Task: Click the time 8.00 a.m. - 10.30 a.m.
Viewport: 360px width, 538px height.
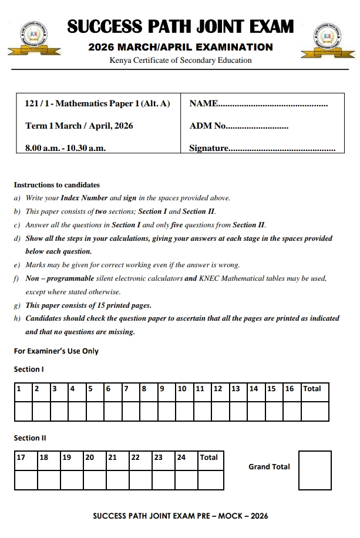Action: pyautogui.click(x=65, y=149)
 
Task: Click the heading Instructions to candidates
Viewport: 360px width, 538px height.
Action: pyautogui.click(x=56, y=185)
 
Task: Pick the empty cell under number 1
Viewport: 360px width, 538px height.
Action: pyautogui.click(x=23, y=411)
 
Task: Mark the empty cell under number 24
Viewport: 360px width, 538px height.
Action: pyautogui.click(x=187, y=480)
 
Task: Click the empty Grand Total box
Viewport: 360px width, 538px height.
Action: pyautogui.click(x=315, y=470)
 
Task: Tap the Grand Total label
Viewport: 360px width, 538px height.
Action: pyautogui.click(x=269, y=467)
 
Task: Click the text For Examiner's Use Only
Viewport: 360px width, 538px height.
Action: pyautogui.click(x=56, y=351)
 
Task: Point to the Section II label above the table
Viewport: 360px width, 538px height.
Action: pyautogui.click(x=30, y=438)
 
